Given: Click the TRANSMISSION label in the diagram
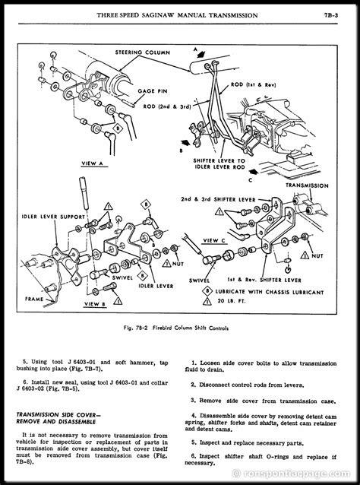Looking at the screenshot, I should point(308,185).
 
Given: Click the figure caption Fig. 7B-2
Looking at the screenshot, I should point(179,326).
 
